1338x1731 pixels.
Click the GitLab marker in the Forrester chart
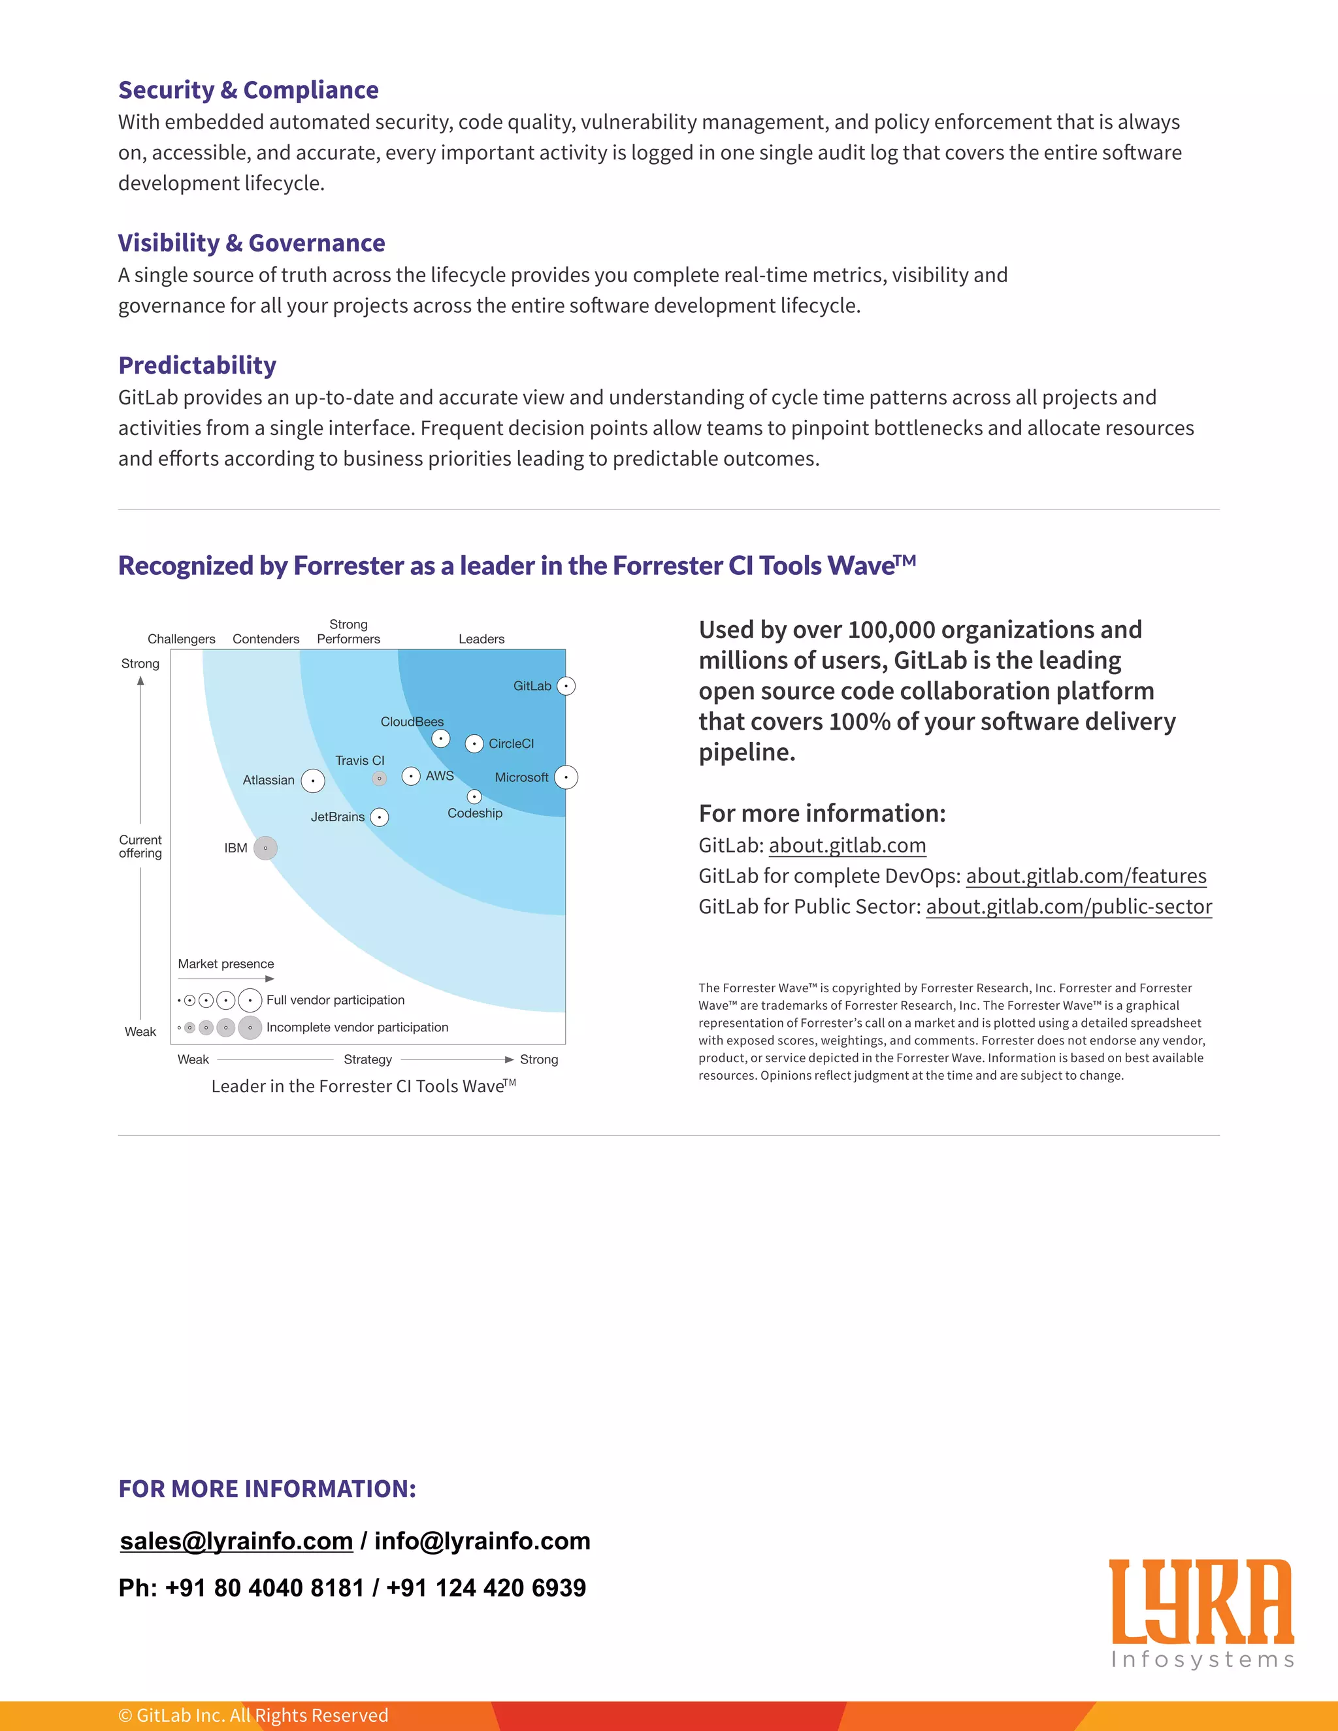point(566,686)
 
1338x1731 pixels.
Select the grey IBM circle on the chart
point(265,848)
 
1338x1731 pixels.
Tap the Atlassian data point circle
point(313,781)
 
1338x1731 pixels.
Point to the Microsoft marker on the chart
point(566,777)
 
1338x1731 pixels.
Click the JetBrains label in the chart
point(338,817)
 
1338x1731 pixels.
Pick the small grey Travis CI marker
point(380,779)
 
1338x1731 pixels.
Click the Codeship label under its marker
point(475,813)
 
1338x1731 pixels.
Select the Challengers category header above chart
point(182,639)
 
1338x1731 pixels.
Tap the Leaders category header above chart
point(481,639)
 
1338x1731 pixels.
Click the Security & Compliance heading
point(248,89)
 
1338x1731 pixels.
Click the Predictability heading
point(197,364)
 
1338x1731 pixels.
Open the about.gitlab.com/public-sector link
point(1068,906)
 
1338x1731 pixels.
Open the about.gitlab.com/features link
point(1086,876)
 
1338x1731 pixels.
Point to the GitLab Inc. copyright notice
point(253,1715)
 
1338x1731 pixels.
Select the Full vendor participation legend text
point(335,1000)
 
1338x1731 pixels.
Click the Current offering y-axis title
point(140,847)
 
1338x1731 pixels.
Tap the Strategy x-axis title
point(368,1060)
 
